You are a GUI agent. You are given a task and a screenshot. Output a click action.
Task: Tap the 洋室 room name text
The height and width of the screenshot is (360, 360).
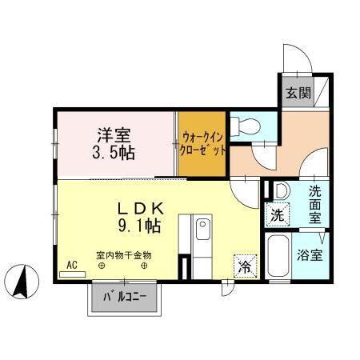pos(115,135)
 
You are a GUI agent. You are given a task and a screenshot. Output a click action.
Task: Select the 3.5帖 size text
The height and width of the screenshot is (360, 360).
pos(115,153)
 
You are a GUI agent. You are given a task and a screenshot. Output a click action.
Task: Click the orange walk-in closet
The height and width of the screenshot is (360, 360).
pos(201,143)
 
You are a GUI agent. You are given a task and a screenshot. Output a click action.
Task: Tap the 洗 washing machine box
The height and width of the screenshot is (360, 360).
pos(275,214)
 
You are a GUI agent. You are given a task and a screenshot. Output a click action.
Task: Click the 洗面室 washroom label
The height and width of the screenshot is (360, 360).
pos(315,203)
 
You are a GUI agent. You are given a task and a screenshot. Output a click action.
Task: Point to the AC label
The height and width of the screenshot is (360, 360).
pos(71,264)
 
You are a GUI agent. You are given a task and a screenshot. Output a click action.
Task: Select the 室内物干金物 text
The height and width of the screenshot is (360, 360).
pos(123,255)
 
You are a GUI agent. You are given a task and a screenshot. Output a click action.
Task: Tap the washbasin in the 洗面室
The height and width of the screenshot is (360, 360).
pos(280,191)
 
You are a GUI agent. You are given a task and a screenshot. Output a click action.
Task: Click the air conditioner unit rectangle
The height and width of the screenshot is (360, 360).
pos(71,273)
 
